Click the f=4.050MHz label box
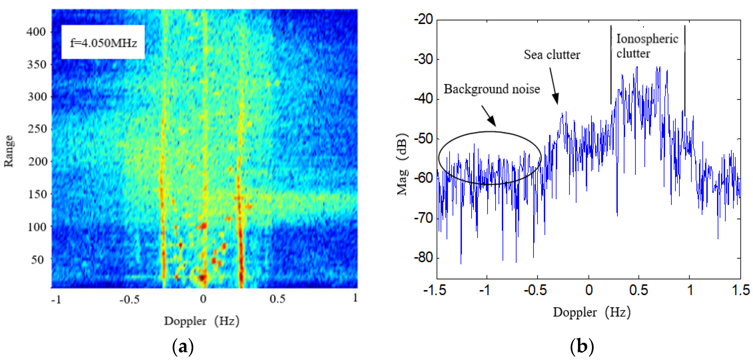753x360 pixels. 103,42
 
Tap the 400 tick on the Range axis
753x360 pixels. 36,32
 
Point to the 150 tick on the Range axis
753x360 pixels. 37,194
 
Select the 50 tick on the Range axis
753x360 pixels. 38,259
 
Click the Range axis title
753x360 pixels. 9,151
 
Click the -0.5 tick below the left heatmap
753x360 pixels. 129,299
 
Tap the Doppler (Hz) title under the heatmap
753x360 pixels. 202,321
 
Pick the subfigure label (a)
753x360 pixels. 183,346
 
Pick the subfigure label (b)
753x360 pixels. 582,346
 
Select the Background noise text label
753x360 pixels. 492,89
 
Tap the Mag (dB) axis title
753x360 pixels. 402,164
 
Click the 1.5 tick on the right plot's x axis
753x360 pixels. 740,290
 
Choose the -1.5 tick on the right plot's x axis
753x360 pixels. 435,290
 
